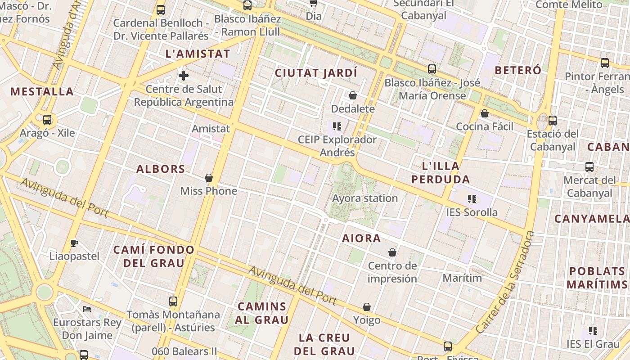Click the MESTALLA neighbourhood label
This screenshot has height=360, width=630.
(x=42, y=92)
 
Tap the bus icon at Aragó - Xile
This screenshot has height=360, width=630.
(x=47, y=120)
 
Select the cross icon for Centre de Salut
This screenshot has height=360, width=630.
(x=184, y=75)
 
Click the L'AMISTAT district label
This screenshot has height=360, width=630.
(x=198, y=54)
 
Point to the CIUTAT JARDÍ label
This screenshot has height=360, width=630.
(x=316, y=73)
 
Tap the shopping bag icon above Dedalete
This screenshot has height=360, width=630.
(x=353, y=95)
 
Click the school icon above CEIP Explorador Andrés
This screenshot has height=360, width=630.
(x=337, y=126)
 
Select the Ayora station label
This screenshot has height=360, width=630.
(x=365, y=198)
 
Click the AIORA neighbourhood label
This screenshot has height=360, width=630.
(x=361, y=238)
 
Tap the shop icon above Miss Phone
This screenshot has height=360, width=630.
(x=209, y=178)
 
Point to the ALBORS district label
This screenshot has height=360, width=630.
(x=161, y=169)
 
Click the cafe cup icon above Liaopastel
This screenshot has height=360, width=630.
(x=74, y=243)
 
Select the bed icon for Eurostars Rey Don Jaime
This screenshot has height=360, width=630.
(x=87, y=309)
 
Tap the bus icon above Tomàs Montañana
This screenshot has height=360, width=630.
(x=173, y=301)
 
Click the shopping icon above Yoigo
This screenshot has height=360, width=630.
(x=367, y=307)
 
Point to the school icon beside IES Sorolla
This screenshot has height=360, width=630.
(x=472, y=198)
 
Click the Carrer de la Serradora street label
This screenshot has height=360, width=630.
(x=505, y=283)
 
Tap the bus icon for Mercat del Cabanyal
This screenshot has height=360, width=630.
(x=589, y=166)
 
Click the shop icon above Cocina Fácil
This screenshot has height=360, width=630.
(x=485, y=113)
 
